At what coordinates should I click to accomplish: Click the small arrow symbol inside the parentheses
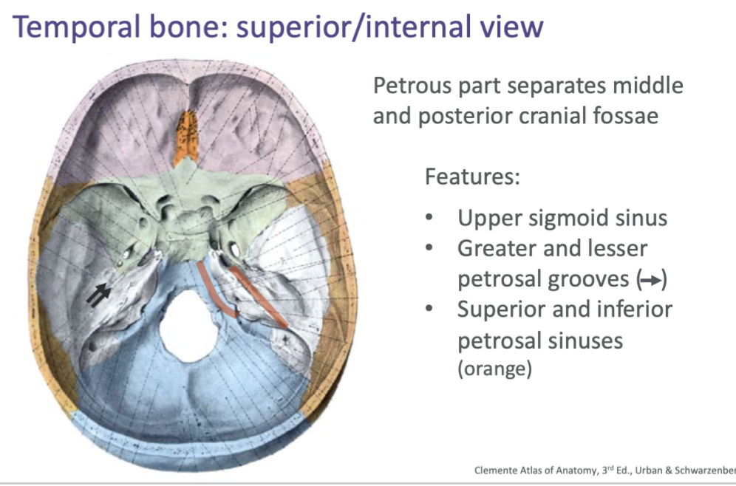click(652, 281)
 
